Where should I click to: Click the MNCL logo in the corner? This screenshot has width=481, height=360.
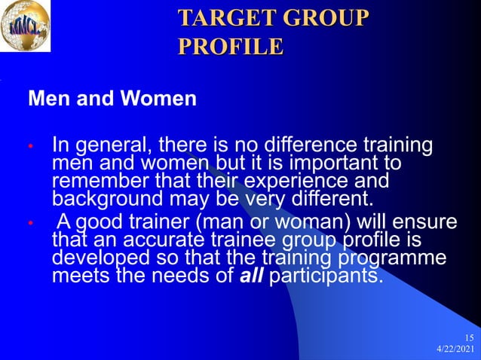[26, 25]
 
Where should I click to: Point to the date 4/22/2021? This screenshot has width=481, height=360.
[455, 350]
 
